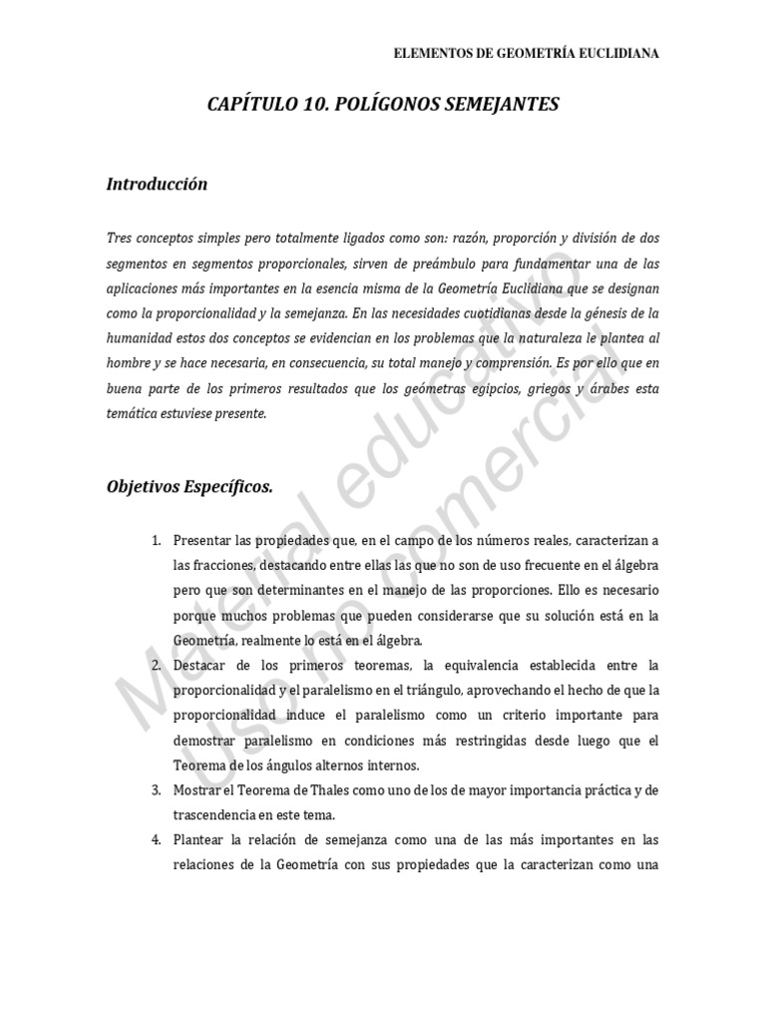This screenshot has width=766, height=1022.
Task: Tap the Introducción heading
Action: click(x=157, y=184)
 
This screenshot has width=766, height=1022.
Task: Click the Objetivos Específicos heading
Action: click(x=189, y=486)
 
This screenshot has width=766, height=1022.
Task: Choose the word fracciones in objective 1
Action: click(x=222, y=565)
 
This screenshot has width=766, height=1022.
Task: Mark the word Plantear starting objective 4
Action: click(x=199, y=839)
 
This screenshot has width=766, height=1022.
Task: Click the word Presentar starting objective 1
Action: click(x=203, y=540)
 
